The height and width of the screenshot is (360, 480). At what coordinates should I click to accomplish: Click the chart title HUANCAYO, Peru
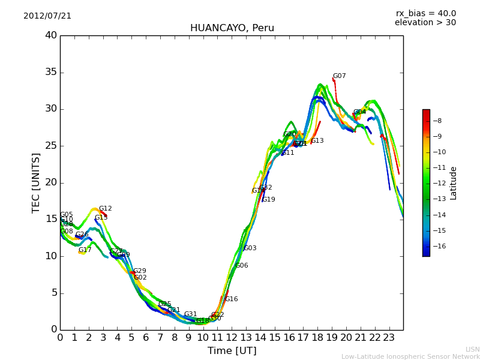pyautogui.click(x=232, y=28)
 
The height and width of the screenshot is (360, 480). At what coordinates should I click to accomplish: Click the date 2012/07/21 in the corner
pyautogui.click(x=47, y=16)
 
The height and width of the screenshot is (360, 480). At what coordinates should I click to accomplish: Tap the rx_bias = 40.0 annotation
pyautogui.click(x=425, y=13)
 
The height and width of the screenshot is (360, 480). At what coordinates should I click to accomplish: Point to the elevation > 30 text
pyautogui.click(x=425, y=23)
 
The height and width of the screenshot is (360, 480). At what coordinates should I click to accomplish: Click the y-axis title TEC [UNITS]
pyautogui.click(x=37, y=182)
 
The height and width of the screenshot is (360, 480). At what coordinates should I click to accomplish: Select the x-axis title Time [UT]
pyautogui.click(x=232, y=351)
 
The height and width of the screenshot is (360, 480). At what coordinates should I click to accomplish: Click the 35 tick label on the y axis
pyautogui.click(x=51, y=73)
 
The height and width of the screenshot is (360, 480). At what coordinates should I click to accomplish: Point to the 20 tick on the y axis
pyautogui.click(x=51, y=182)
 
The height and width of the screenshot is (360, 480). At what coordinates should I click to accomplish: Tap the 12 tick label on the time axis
pyautogui.click(x=232, y=338)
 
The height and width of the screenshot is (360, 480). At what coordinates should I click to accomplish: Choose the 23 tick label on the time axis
pyautogui.click(x=389, y=338)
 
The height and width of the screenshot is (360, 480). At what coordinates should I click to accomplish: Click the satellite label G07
pyautogui.click(x=339, y=76)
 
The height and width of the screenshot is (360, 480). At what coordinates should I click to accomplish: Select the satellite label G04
pyautogui.click(x=359, y=112)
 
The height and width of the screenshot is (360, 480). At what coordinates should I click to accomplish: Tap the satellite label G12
pyautogui.click(x=105, y=209)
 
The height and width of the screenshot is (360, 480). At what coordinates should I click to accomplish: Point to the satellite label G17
pyautogui.click(x=85, y=250)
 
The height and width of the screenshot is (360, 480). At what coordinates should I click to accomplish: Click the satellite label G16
pyautogui.click(x=231, y=299)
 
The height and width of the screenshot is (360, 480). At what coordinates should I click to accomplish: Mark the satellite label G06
pyautogui.click(x=241, y=266)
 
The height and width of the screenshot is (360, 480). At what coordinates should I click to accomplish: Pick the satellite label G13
pyautogui.click(x=317, y=141)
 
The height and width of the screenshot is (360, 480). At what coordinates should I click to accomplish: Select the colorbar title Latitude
pyautogui.click(x=454, y=183)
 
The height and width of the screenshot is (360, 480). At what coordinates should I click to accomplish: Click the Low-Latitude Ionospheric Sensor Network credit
pyautogui.click(x=410, y=357)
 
